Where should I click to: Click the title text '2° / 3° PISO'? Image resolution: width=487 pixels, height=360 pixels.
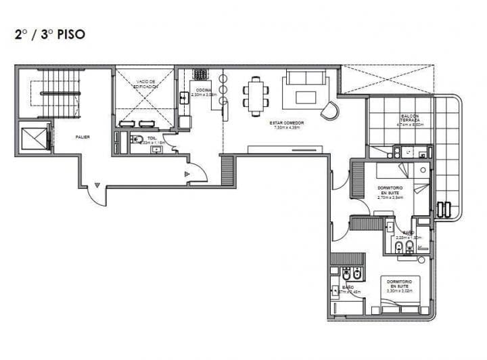(x=49, y=34)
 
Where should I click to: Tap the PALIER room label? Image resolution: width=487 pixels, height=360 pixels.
(x=83, y=137)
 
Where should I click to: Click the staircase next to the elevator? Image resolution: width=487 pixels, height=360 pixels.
(x=58, y=93)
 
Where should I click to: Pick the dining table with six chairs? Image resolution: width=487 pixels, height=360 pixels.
(x=256, y=94)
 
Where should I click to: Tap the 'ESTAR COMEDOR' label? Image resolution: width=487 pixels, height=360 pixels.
(x=285, y=122)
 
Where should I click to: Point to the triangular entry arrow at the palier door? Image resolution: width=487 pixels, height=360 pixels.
(x=97, y=184)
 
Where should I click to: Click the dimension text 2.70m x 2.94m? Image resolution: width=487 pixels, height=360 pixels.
(x=390, y=198)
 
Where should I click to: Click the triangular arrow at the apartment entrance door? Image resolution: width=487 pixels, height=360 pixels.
(x=187, y=174)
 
